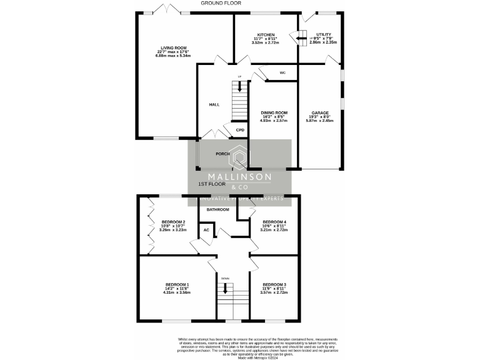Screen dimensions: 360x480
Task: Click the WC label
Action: [x=282, y=73]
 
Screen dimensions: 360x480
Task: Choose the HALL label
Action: [x=214, y=104]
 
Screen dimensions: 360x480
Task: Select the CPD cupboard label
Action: [x=240, y=130]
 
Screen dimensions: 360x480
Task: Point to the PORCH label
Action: [x=222, y=154]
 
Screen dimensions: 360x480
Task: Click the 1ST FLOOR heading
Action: [x=211, y=185]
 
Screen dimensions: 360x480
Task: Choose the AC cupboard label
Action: [x=206, y=230]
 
